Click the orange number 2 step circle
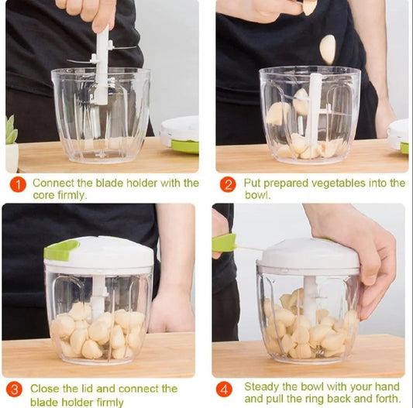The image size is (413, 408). [228, 184]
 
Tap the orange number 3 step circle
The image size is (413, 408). [14, 389]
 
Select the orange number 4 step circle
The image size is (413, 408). [225, 389]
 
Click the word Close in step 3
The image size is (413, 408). [46, 388]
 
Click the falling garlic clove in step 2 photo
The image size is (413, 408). [328, 49]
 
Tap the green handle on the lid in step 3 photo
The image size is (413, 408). [61, 249]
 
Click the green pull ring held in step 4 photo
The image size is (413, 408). [224, 243]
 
